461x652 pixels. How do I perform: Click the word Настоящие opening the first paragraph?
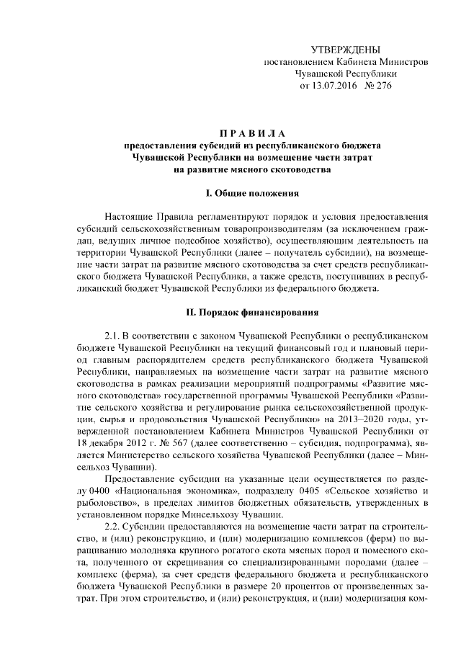click(127, 216)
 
